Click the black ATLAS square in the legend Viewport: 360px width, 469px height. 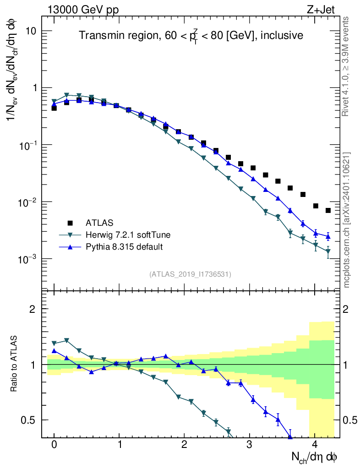tap(70, 223)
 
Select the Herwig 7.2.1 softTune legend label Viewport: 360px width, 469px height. tap(128, 235)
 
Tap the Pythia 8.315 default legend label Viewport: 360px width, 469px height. tap(124, 247)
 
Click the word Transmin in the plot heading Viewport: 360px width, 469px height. tap(99, 35)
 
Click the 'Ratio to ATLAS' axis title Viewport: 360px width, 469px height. tap(14, 364)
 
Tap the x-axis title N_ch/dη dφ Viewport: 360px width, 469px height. tap(314, 458)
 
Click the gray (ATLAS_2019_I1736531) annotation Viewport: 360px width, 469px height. tap(190, 274)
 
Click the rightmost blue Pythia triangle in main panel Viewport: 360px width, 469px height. tap(328, 236)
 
